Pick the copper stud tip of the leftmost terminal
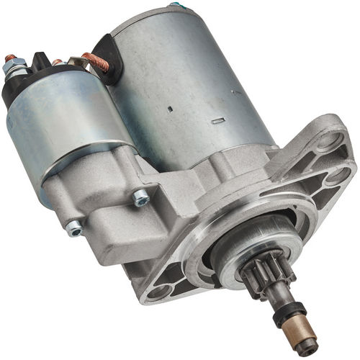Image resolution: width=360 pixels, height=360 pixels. [x=9, y=58]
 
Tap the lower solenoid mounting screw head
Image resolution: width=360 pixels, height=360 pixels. [x=73, y=228]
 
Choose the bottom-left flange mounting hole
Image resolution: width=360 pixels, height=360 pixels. [x=160, y=291]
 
